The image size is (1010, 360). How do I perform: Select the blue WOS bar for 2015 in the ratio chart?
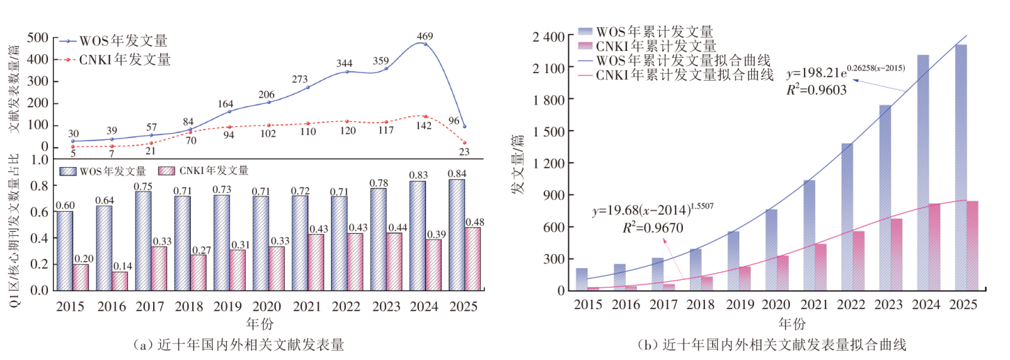pyautogui.click(x=64, y=250)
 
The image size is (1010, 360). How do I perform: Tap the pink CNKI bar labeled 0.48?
pyautogui.click(x=473, y=258)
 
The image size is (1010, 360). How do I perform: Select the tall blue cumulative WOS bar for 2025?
pyautogui.click(x=961, y=167)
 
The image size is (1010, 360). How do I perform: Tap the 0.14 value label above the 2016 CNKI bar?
pyautogui.click(x=120, y=265)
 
